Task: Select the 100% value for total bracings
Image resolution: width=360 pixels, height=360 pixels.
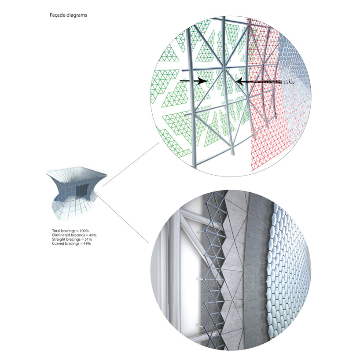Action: [84, 231]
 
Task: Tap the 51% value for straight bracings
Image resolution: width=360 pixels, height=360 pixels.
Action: [88, 239]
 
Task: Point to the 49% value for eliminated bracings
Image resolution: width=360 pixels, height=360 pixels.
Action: [92, 235]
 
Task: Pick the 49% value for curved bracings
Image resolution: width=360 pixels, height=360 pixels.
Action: [87, 243]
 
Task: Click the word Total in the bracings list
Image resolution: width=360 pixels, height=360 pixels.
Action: [56, 231]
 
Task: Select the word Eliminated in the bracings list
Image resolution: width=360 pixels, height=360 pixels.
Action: [61, 235]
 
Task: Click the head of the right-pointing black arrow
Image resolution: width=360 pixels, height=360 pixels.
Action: [203, 81]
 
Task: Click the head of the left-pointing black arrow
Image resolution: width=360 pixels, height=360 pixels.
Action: [240, 81]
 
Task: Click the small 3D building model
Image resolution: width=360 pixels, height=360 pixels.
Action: [77, 193]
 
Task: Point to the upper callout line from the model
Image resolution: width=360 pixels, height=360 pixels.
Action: [131, 164]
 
